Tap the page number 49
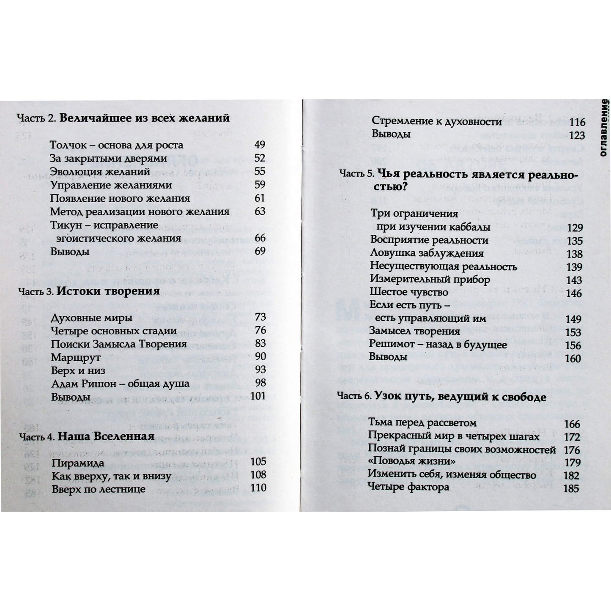click(x=260, y=145)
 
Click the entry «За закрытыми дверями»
click(x=108, y=159)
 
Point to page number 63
click(x=260, y=211)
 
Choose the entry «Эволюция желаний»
click(x=100, y=172)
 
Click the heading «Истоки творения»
click(x=108, y=291)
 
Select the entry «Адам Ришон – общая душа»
click(x=120, y=384)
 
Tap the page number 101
click(x=258, y=396)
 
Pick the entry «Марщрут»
click(x=76, y=358)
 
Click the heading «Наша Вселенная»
click(x=106, y=436)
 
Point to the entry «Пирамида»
click(x=78, y=463)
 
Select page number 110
click(x=258, y=488)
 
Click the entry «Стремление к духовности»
click(x=436, y=121)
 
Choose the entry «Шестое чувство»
click(x=409, y=292)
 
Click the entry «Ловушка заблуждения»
click(x=427, y=253)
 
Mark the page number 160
click(x=573, y=359)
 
